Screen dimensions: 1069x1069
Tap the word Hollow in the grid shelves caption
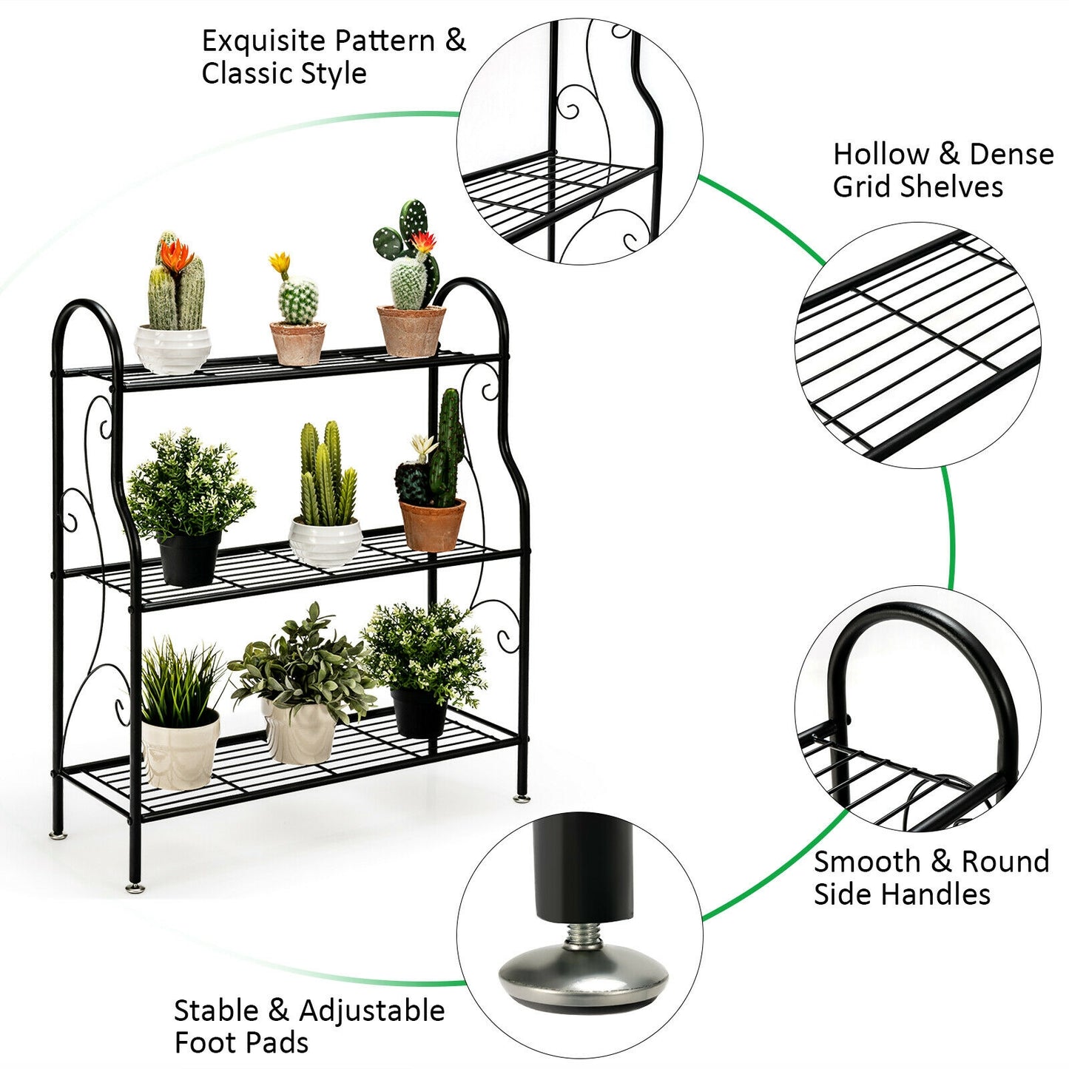pos(880,155)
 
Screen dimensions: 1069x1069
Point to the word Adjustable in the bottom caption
pos(371,1011)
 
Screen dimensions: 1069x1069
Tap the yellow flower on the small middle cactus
pos(280,263)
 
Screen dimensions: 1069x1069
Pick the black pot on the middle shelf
pos(189,556)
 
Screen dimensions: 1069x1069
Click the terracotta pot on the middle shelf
pos(432,525)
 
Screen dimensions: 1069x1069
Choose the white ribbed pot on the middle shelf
pos(326,542)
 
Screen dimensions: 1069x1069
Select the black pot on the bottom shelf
pos(419,712)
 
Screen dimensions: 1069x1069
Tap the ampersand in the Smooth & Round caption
pos(940,862)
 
